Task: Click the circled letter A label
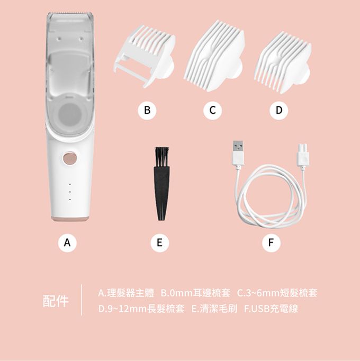click(x=67, y=242)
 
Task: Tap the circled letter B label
click(x=147, y=110)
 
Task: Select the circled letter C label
click(x=213, y=110)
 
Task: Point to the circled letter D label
click(x=279, y=110)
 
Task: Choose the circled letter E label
click(x=159, y=242)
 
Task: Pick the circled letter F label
click(x=271, y=242)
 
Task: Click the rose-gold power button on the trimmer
click(x=70, y=158)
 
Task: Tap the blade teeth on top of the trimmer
click(x=71, y=12)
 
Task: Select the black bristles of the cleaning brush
click(x=162, y=157)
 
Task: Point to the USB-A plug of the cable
click(x=238, y=153)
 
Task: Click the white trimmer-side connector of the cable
click(x=303, y=155)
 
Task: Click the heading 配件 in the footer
click(x=56, y=301)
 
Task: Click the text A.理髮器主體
click(x=126, y=293)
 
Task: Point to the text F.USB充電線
click(x=271, y=309)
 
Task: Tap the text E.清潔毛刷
click(x=214, y=309)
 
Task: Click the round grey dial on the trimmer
click(x=70, y=114)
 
